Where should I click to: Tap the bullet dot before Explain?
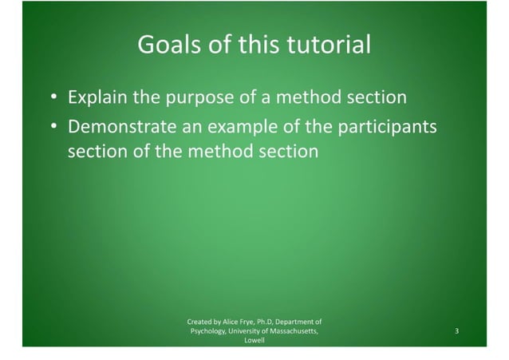click(x=53, y=98)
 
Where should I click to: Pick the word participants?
click(x=386, y=127)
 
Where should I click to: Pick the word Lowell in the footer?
click(x=254, y=340)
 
